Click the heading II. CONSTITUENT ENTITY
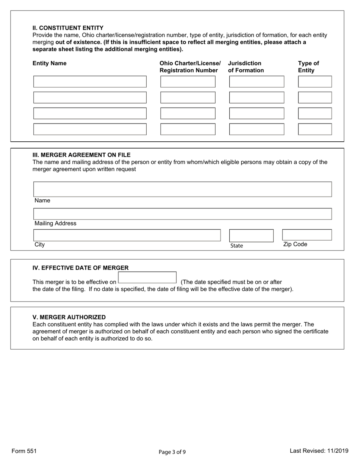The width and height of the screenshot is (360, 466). coord(68,28)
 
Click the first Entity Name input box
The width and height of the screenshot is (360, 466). coord(90,81)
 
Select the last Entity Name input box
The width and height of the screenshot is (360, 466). coord(90,129)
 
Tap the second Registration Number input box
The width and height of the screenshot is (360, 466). coord(188,97)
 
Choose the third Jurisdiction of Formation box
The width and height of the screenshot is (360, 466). coord(257,113)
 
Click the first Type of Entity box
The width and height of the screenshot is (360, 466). coord(315,81)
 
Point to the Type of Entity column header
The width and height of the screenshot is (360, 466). coord(308,67)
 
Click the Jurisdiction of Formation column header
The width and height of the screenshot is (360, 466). coord(246,67)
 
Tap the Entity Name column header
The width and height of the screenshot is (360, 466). coord(49,63)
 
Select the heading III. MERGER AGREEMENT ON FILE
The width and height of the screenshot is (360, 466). coord(81,155)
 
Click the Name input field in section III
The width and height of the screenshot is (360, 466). coord(182,189)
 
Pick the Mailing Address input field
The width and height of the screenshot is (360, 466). coord(182,214)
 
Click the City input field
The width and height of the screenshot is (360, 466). coord(127,235)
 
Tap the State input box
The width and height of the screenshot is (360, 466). coord(251,235)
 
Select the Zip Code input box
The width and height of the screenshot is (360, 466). coord(307,235)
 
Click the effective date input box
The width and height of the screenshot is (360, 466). coord(147,277)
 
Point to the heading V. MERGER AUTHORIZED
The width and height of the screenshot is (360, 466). coord(69,317)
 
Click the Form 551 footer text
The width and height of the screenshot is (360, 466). coord(24,451)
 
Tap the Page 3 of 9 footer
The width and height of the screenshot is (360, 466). coord(172,452)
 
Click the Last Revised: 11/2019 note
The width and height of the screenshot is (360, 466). coord(319,451)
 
